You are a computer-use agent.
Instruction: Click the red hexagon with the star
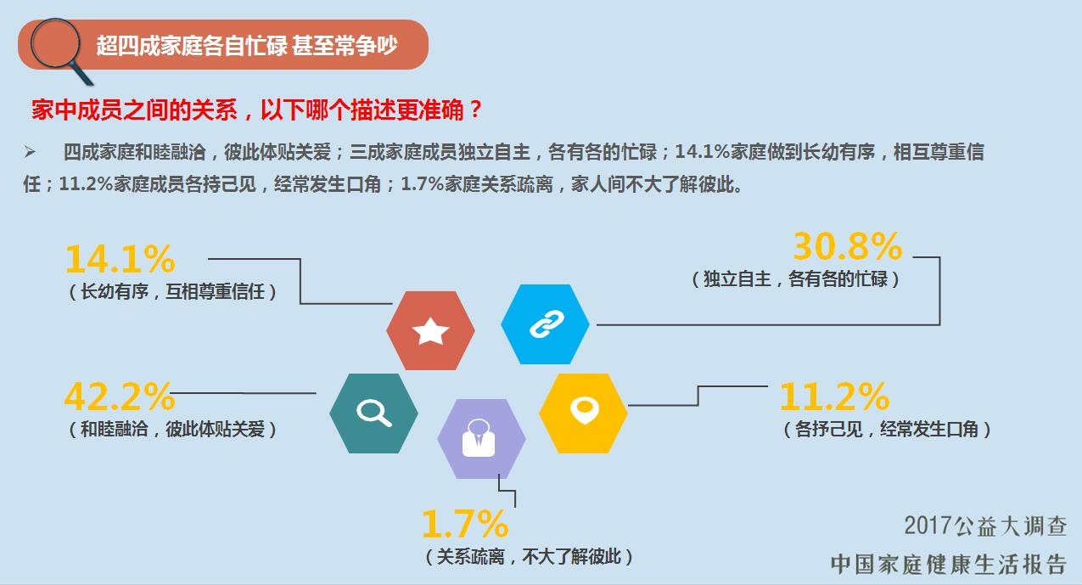(x=430, y=330)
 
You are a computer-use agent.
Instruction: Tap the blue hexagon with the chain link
(x=545, y=323)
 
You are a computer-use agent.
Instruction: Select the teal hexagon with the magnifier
(x=373, y=413)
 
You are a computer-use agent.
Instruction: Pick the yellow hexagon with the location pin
(x=583, y=413)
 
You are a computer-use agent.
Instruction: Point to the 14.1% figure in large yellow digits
(x=120, y=259)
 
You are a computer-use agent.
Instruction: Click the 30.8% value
(x=847, y=247)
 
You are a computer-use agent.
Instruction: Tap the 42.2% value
(x=120, y=397)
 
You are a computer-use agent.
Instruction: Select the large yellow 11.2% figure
(x=834, y=397)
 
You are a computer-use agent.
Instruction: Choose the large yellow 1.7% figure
(x=464, y=526)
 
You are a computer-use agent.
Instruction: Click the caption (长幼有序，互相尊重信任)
(x=173, y=292)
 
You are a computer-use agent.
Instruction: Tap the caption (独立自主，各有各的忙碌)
(x=795, y=278)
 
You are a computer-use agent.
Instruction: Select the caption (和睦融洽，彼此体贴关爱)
(x=173, y=429)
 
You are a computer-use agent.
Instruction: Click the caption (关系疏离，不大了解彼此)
(x=529, y=557)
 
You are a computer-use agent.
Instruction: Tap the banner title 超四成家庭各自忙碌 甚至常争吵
(x=246, y=45)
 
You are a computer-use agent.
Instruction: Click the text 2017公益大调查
(x=984, y=526)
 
